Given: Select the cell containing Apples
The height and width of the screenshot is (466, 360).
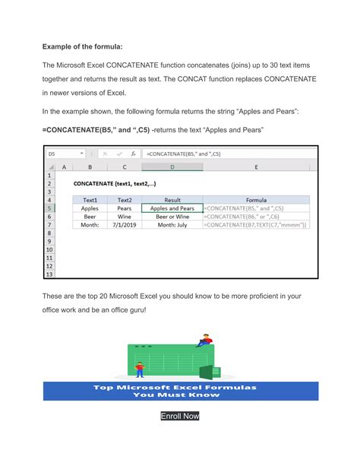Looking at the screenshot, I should click(90, 208).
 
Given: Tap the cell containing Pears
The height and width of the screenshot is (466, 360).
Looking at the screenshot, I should click(125, 208).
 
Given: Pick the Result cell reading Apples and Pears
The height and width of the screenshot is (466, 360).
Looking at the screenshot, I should click(172, 208).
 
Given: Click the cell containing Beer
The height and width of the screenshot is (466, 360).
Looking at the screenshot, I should click(90, 216).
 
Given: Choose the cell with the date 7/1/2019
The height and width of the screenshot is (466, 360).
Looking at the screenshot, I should click(125, 225).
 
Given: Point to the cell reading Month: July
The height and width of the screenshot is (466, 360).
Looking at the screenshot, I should click(172, 225).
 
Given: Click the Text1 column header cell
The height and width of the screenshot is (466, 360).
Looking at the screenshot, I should click(90, 199).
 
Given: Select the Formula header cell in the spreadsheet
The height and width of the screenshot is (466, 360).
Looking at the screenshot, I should click(256, 199).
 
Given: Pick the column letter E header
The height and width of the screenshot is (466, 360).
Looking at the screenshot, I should click(256, 166).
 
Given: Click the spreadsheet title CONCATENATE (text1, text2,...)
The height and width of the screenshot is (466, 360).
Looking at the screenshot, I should click(115, 183).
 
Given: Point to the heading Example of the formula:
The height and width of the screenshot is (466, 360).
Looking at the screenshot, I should click(81, 46).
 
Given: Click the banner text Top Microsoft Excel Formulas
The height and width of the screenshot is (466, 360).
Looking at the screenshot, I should click(180, 387).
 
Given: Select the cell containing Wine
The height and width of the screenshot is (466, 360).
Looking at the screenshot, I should click(125, 216).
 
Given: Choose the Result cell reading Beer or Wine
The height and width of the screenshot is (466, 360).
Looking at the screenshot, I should click(172, 216).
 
